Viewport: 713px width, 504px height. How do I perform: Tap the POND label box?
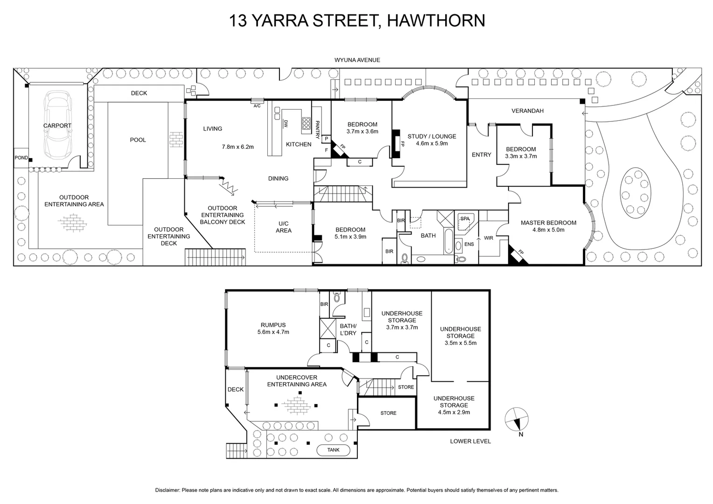[21, 158]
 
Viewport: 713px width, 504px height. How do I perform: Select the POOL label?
[138, 140]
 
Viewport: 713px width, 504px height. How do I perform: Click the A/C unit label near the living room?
[257, 106]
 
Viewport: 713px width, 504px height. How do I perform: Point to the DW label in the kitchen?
[286, 124]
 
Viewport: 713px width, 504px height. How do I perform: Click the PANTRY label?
[317, 130]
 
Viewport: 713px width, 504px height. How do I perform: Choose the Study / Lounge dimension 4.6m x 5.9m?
[432, 143]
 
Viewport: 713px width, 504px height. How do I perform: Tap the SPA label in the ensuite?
[465, 218]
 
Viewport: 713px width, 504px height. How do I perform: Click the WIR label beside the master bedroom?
[488, 238]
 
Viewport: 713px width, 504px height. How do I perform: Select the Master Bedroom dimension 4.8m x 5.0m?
[548, 230]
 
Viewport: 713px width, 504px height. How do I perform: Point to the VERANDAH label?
[527, 111]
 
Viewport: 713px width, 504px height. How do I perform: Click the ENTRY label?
[481, 154]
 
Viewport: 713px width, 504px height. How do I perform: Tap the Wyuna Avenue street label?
[357, 60]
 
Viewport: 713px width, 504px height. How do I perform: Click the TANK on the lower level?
[333, 450]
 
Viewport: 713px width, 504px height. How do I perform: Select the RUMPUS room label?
[273, 325]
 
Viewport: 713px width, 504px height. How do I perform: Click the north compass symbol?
[517, 419]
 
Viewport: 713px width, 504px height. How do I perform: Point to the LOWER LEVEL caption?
[470, 441]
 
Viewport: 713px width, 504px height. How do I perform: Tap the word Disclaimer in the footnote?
[167, 490]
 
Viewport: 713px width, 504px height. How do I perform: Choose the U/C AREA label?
[283, 227]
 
